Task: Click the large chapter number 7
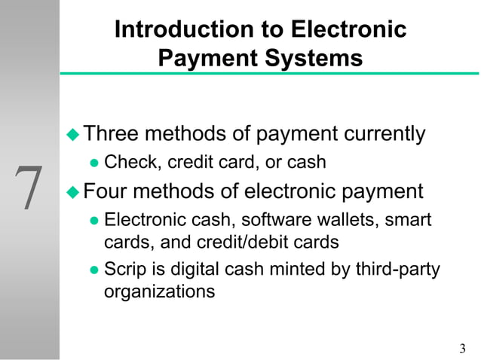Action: (x=29, y=188)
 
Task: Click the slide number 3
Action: (x=462, y=347)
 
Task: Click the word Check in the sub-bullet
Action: (x=132, y=161)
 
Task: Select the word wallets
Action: (x=348, y=220)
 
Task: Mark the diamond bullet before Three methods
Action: (x=73, y=135)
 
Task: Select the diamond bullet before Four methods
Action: (x=73, y=191)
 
